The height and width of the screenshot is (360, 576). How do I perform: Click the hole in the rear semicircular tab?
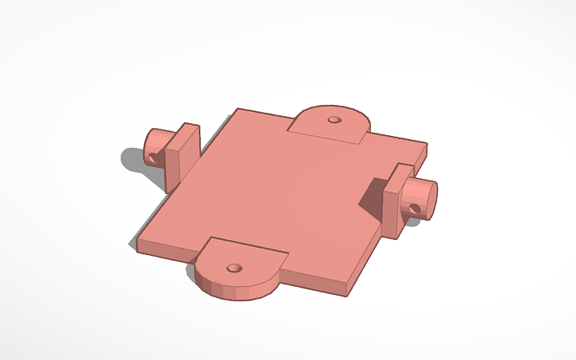tap(334, 120)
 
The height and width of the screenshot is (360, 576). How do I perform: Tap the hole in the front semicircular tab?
tap(234, 268)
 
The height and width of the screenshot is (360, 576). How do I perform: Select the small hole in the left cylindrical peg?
tap(151, 156)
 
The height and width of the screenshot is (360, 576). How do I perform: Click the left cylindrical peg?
tap(157, 145)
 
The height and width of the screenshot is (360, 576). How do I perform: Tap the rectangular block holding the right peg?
tap(395, 201)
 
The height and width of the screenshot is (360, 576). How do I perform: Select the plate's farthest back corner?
tap(238, 110)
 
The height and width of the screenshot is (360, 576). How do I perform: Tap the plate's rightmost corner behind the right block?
tap(425, 147)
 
